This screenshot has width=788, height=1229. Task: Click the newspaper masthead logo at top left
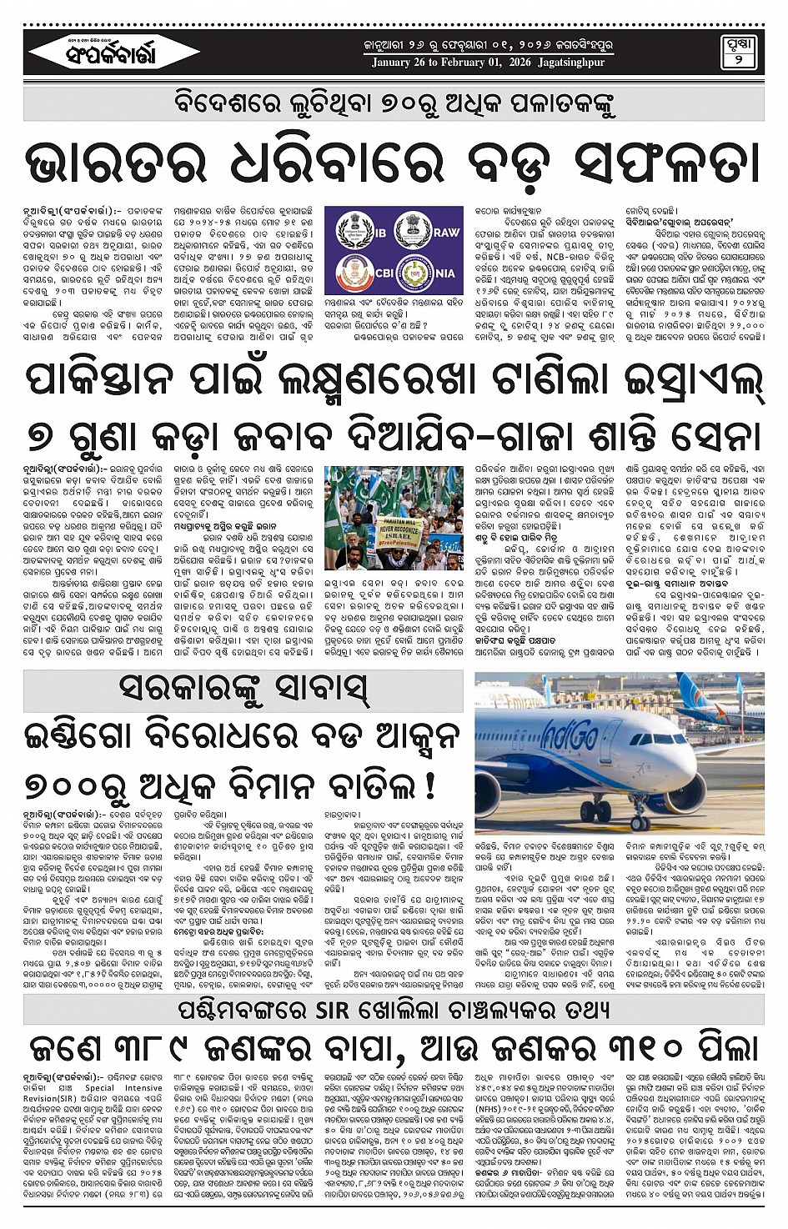[103, 54]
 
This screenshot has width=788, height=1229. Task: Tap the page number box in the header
[738, 53]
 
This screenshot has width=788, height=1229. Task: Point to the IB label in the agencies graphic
[379, 232]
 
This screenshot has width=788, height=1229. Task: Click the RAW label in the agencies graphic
[446, 232]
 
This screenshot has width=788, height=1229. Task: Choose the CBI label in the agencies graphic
[384, 272]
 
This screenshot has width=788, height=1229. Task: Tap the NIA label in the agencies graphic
[444, 272]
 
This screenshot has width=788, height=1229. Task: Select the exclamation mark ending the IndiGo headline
[431, 785]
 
